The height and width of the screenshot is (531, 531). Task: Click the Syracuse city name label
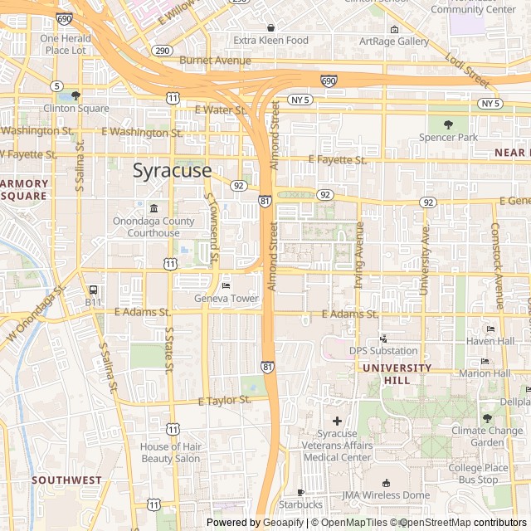(x=173, y=171)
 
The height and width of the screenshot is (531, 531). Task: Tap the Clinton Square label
(x=76, y=109)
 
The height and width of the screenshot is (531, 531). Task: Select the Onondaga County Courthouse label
(x=154, y=227)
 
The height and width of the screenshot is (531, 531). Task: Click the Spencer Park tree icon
(x=449, y=124)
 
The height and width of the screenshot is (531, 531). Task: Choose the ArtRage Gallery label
(x=394, y=41)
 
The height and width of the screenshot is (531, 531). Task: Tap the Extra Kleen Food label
(x=270, y=40)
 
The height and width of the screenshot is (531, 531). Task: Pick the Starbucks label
(x=300, y=504)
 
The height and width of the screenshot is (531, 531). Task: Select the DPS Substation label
(x=383, y=350)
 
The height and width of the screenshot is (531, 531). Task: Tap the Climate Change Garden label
(x=487, y=436)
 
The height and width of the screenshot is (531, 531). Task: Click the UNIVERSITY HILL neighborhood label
(x=397, y=373)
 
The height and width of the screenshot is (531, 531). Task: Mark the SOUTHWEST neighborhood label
(x=66, y=480)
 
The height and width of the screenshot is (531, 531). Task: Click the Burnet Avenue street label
(x=215, y=61)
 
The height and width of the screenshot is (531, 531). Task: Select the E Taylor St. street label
(x=225, y=400)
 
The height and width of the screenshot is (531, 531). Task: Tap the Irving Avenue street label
(x=359, y=254)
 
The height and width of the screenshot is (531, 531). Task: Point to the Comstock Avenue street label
(x=496, y=265)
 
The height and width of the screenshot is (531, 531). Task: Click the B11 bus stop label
(x=92, y=302)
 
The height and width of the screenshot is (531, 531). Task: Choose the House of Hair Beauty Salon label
(x=170, y=452)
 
